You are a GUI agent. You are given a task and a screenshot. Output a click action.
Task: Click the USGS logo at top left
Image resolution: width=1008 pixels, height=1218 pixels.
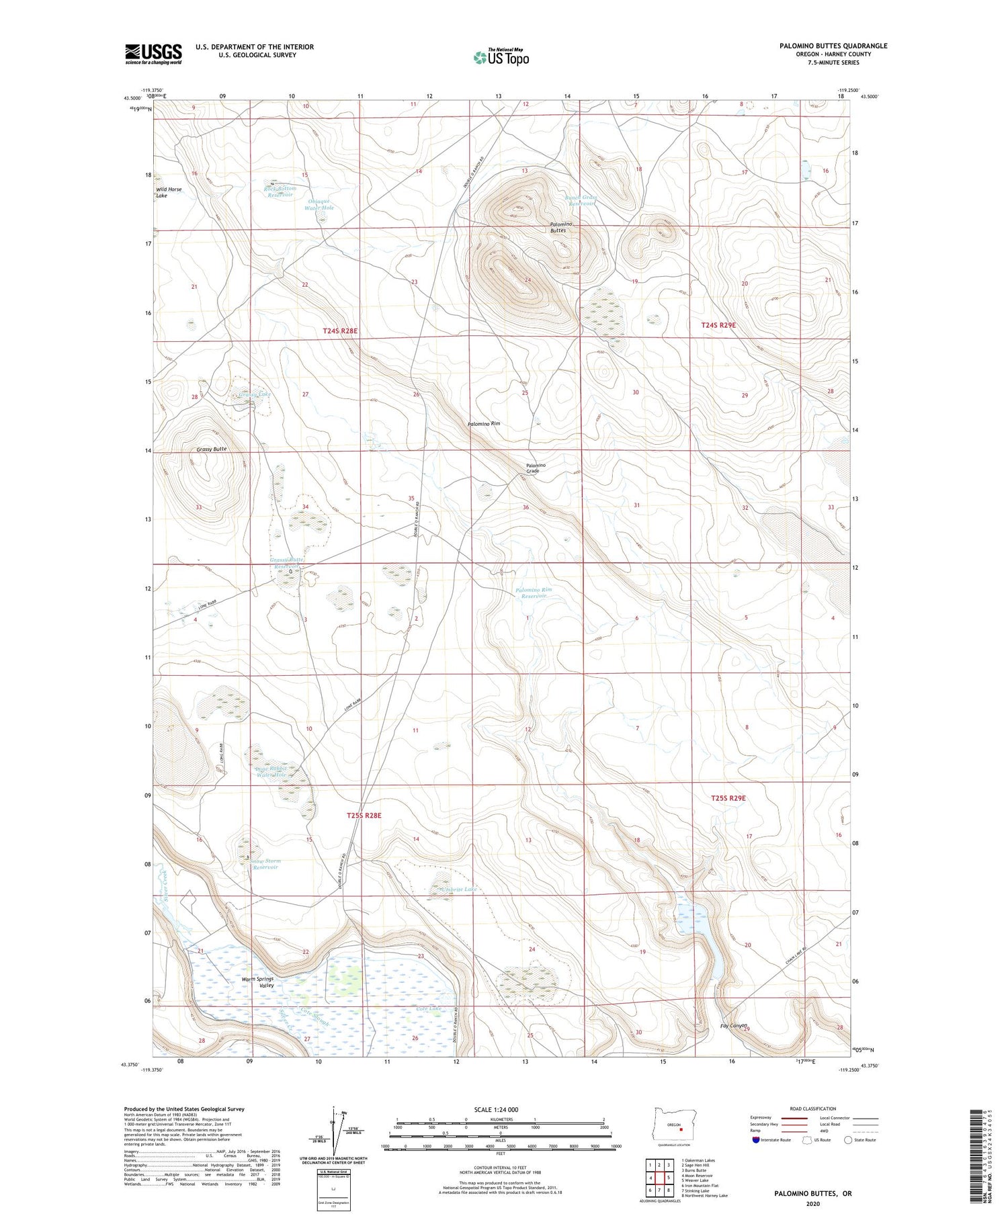click(153, 54)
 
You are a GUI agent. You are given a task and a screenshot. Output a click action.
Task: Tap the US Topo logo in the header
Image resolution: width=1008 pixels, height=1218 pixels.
click(501, 58)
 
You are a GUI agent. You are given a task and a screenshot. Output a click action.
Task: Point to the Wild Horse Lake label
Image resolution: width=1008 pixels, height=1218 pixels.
click(169, 192)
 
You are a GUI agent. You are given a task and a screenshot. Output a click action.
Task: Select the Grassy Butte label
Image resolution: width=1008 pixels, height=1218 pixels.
click(212, 449)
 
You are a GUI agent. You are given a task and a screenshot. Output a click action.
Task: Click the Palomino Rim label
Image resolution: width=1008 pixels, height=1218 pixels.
click(484, 424)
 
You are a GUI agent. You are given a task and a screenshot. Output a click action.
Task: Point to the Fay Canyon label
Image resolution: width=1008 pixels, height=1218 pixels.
click(733, 1026)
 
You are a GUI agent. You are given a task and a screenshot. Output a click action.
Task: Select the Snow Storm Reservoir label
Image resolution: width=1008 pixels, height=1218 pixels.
click(265, 864)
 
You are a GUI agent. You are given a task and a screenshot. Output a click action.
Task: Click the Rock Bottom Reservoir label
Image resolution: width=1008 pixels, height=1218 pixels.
click(280, 192)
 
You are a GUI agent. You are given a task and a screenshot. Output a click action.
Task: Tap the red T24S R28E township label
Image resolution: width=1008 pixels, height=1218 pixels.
click(340, 331)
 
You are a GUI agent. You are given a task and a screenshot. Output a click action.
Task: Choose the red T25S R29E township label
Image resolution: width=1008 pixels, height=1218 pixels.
click(728, 798)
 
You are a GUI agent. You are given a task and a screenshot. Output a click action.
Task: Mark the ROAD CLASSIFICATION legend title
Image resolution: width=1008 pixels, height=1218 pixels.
click(813, 1108)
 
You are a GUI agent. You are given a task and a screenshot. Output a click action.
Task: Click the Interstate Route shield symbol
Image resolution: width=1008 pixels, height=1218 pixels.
click(756, 1140)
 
